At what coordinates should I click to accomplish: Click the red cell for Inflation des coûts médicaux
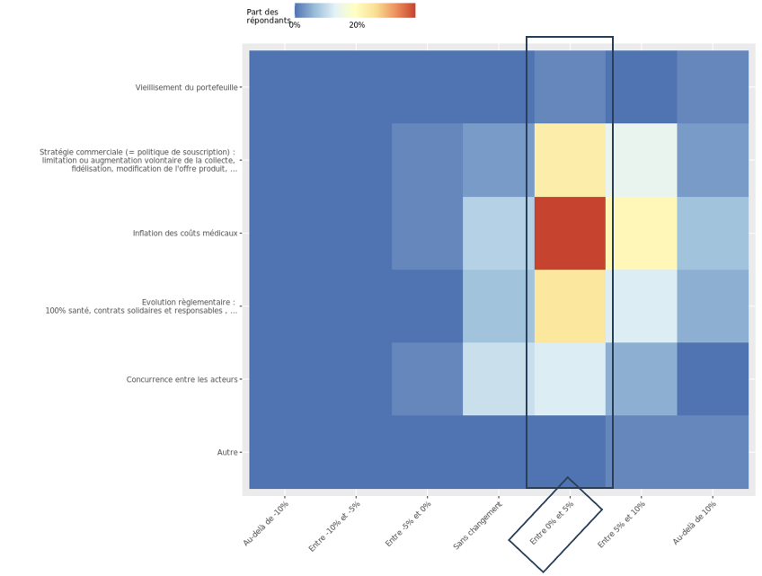570,233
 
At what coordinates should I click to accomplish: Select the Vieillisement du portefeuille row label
187,87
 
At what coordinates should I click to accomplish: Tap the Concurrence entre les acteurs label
182,379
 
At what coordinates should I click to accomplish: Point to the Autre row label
227,452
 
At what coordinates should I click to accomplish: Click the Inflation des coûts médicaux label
185,234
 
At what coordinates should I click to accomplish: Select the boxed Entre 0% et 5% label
553,524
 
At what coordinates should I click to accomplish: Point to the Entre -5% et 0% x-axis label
407,525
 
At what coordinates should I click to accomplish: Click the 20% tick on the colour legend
357,25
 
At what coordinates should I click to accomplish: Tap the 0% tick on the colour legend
295,25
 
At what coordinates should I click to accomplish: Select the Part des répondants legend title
268,16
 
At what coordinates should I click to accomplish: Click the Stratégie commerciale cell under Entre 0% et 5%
570,160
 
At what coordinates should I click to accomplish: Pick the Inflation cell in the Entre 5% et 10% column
641,233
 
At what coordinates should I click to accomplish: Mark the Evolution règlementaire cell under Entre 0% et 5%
570,306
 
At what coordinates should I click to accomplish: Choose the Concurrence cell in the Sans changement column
499,378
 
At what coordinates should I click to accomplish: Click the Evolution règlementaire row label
141,306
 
